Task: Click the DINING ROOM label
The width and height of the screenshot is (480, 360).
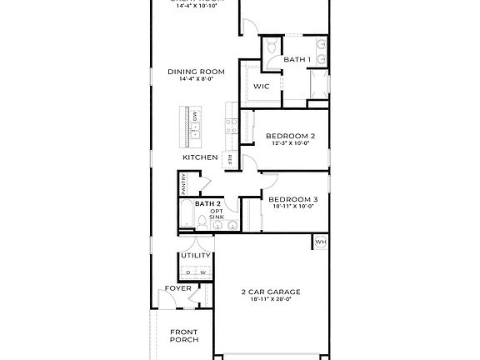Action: pyautogui.click(x=197, y=72)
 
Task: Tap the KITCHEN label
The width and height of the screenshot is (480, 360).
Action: pyautogui.click(x=201, y=157)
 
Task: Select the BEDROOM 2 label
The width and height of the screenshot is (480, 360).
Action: pyautogui.click(x=290, y=136)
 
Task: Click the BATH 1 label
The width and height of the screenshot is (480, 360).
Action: pyautogui.click(x=297, y=60)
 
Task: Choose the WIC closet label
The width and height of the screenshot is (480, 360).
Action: pyautogui.click(x=262, y=87)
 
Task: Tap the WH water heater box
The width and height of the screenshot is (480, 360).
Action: pyautogui.click(x=320, y=242)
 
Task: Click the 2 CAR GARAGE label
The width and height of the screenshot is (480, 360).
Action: pyautogui.click(x=271, y=292)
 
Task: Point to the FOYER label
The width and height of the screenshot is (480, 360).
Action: pyautogui.click(x=177, y=288)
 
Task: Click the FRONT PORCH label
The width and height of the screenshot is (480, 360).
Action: pyautogui.click(x=183, y=335)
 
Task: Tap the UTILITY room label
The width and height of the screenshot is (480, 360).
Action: pyautogui.click(x=196, y=256)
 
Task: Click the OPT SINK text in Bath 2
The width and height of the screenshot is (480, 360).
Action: pyautogui.click(x=216, y=213)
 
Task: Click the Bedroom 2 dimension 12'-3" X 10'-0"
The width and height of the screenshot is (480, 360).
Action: pyautogui.click(x=290, y=143)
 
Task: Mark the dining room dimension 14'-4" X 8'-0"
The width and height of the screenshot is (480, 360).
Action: pyautogui.click(x=197, y=79)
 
